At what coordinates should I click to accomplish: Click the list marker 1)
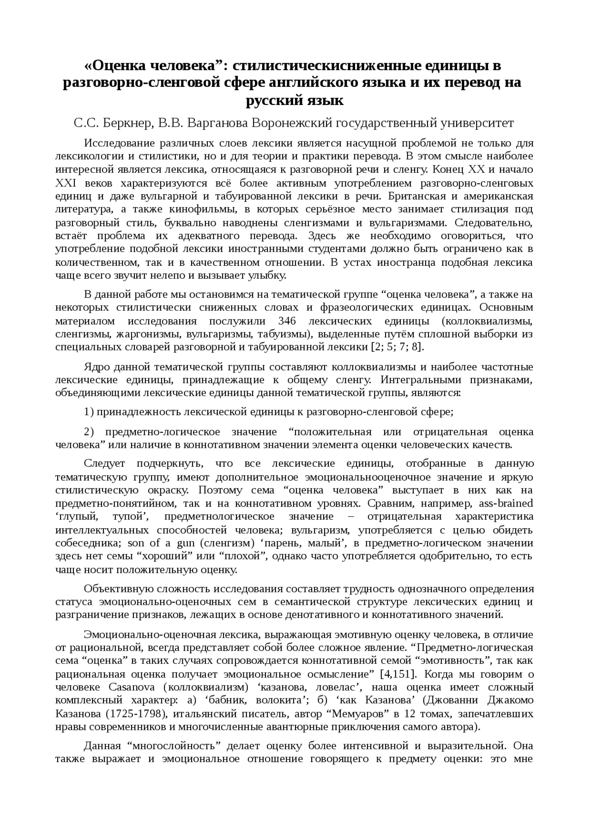tap(89, 412)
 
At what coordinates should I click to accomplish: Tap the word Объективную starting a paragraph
tap(120, 589)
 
